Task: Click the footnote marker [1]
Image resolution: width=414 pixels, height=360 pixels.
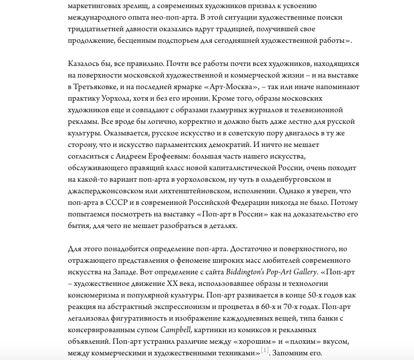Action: pyautogui.click(x=265, y=351)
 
